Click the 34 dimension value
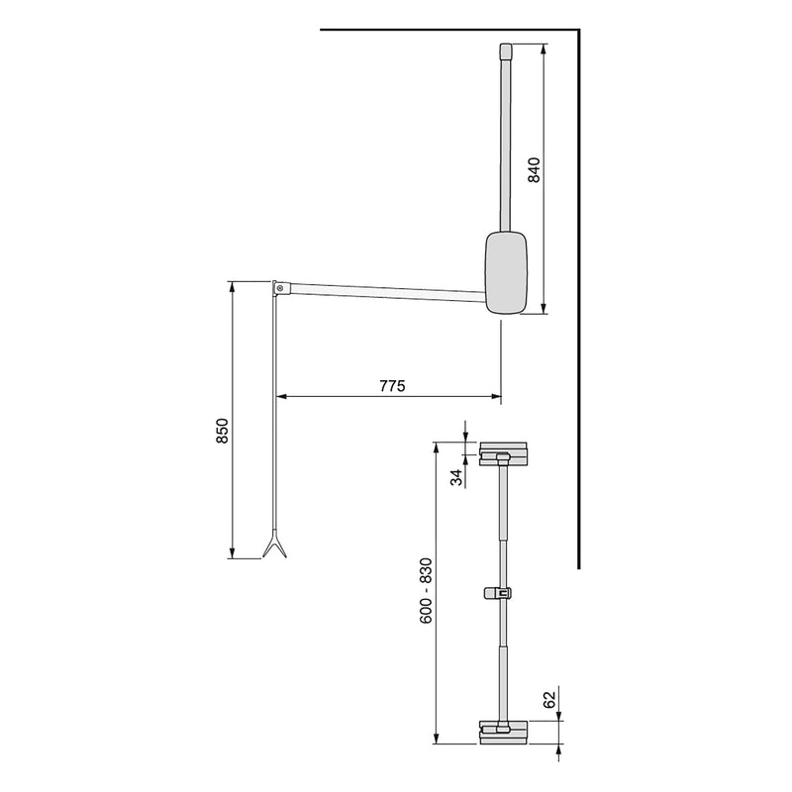pyautogui.click(x=457, y=478)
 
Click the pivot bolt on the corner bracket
pyautogui.click(x=282, y=289)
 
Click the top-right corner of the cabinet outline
pyautogui.click(x=577, y=32)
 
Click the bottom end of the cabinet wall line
pyautogui.click(x=577, y=568)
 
